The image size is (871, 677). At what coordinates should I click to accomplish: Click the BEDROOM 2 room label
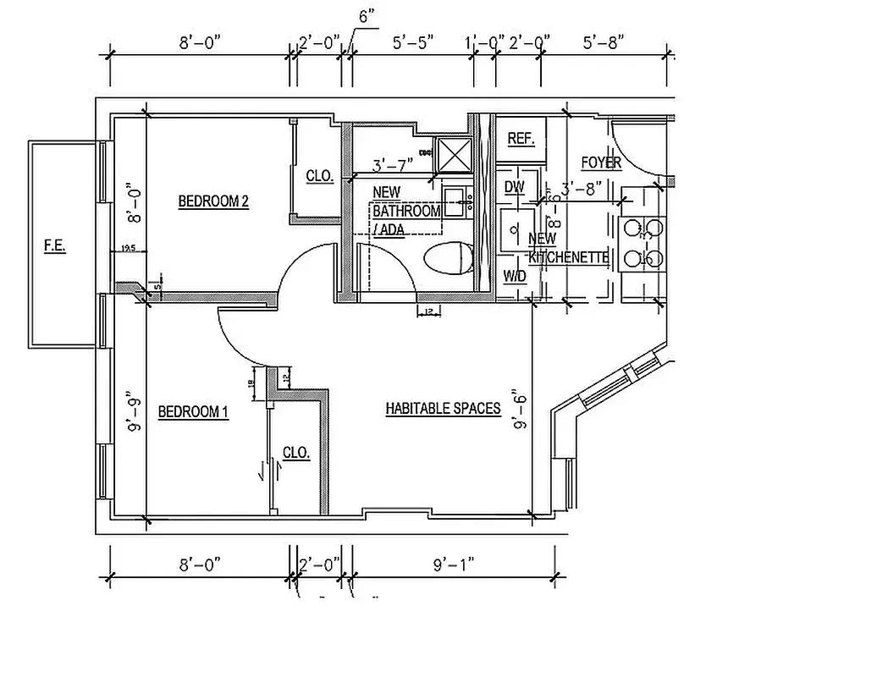[213, 201]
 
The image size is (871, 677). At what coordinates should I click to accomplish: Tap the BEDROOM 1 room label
[193, 412]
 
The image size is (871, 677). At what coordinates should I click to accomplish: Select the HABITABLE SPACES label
[443, 409]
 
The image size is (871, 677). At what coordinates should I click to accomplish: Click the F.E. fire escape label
[55, 246]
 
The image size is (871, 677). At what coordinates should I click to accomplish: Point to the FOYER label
[601, 162]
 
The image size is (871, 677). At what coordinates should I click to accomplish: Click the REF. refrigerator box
[521, 139]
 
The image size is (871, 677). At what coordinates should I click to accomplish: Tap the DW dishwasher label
[514, 187]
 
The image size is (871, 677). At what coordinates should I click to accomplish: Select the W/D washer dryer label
[514, 276]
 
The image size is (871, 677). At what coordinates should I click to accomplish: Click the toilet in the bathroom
[449, 258]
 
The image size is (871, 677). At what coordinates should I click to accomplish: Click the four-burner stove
[643, 243]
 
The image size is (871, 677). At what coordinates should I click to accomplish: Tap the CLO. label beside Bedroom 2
[319, 177]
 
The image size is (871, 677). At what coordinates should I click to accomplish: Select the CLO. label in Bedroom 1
[296, 453]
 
